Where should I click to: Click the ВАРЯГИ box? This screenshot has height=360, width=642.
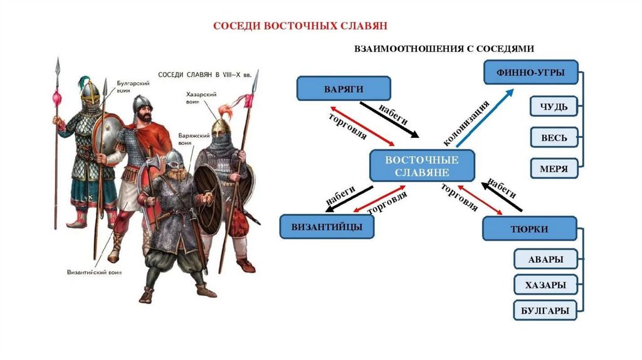point(344,88)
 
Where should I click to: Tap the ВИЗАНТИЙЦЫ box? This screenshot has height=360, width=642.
point(327,226)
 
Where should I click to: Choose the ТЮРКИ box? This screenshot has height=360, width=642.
point(530,229)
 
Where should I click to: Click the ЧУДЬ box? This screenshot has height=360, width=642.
point(554,107)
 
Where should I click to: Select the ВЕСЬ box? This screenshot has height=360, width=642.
point(554,138)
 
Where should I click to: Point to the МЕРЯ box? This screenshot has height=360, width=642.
point(554,169)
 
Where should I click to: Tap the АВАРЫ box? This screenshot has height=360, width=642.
point(545,259)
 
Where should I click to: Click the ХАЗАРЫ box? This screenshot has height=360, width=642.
point(545,285)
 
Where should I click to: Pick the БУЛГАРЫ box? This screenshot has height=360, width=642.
point(545,310)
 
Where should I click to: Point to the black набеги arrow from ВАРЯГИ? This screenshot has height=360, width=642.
point(394,122)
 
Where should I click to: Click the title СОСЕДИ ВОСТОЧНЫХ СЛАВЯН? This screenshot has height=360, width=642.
point(300,26)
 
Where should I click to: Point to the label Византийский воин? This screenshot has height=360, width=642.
point(94,272)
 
